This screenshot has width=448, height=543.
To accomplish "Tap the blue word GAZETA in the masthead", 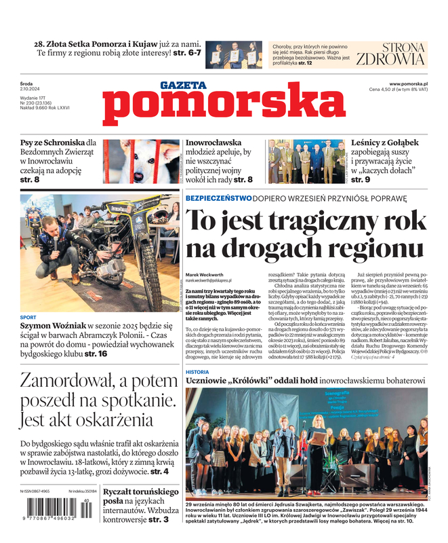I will tap(183, 86).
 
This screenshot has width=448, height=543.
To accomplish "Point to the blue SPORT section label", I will tap(28, 317).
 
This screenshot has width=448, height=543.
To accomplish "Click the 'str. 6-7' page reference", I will tap(185, 53).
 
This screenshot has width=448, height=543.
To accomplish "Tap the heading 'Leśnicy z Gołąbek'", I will tap(384, 143).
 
